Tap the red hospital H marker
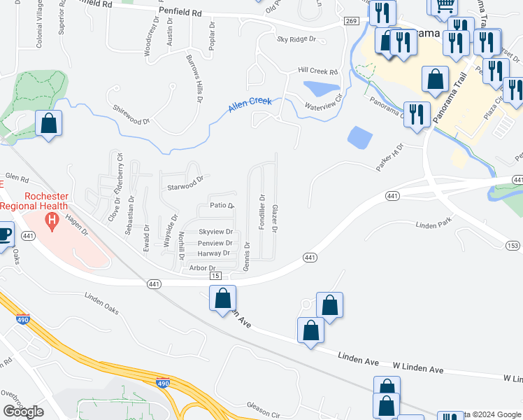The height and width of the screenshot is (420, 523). (51, 223)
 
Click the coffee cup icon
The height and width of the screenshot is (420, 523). (4, 234)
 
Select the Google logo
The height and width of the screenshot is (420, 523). (23, 412)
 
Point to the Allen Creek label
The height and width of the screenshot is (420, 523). (250, 105)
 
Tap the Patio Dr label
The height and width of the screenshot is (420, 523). (222, 206)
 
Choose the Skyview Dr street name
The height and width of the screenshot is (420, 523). (215, 232)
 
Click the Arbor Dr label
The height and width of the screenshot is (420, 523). (195, 268)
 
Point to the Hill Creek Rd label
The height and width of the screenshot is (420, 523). (317, 71)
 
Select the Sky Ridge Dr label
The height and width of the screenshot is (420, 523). (297, 40)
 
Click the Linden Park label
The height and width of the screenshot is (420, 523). (435, 225)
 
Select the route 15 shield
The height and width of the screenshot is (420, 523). (214, 276)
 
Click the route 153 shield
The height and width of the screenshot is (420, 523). (513, 245)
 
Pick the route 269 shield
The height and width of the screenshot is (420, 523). (351, 22)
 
